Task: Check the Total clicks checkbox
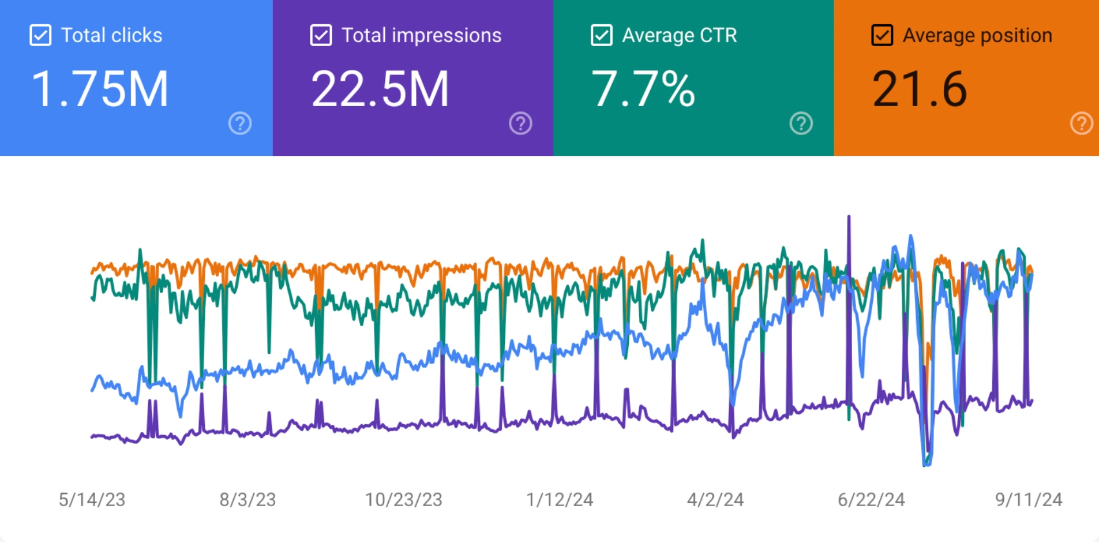click(40, 35)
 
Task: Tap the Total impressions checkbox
click(321, 35)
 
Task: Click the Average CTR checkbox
click(601, 35)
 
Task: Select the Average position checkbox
click(882, 35)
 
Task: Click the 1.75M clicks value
click(100, 89)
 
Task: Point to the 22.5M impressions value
click(380, 89)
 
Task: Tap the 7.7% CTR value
click(643, 89)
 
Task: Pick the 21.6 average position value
click(920, 89)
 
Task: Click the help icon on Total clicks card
click(240, 123)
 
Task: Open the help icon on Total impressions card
click(520, 123)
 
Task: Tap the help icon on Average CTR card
click(801, 123)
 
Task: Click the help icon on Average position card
click(1081, 123)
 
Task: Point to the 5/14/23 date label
click(92, 499)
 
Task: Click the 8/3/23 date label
click(247, 499)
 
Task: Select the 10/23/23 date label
click(403, 499)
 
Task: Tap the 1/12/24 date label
click(560, 499)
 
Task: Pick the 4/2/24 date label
click(715, 499)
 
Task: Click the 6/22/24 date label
click(871, 499)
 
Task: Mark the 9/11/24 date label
click(1029, 499)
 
